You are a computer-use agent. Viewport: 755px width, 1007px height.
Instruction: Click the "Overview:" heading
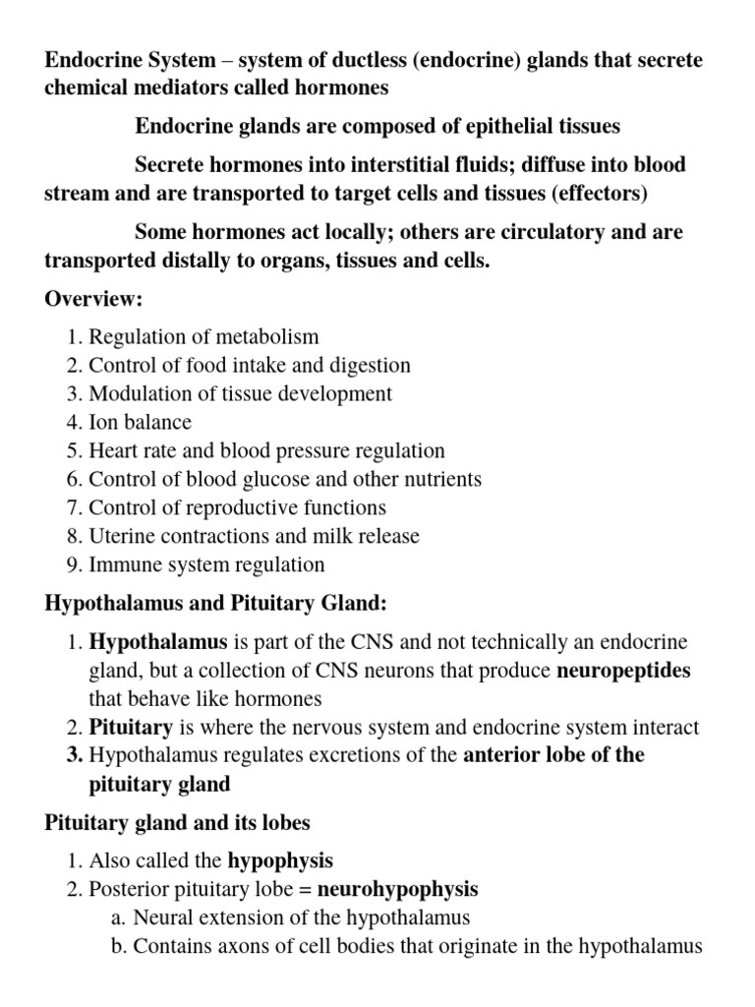[93, 299]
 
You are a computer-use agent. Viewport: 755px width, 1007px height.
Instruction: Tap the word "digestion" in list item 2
[367, 366]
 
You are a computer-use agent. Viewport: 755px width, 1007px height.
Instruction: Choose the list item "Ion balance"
[140, 423]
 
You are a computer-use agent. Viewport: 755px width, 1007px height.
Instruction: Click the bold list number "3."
[76, 756]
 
